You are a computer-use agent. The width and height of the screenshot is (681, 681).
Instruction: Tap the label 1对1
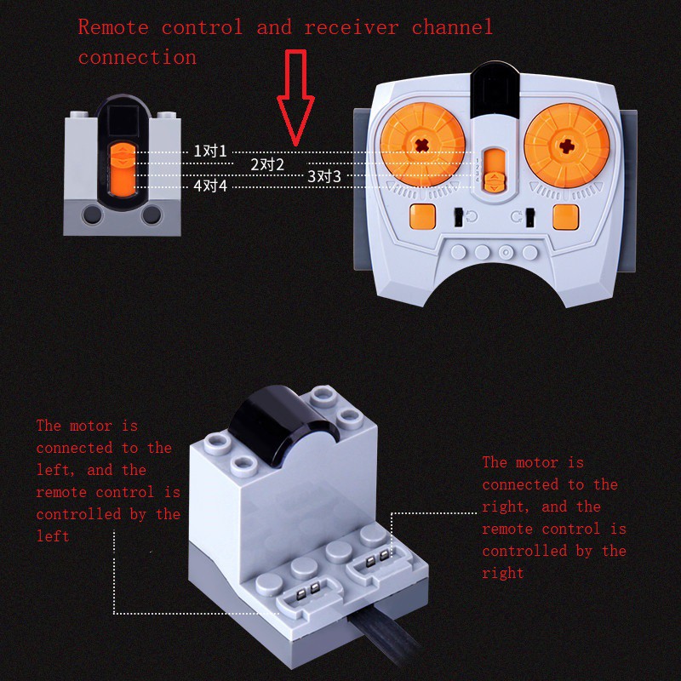(210, 152)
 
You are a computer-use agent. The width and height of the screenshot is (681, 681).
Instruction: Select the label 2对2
(267, 164)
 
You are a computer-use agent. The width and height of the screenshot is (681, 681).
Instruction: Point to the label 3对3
(324, 176)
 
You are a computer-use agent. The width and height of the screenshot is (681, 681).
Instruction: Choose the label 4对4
(210, 186)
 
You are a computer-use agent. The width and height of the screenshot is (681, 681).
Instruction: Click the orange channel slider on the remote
(492, 170)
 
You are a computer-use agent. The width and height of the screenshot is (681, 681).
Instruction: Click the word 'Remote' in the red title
(114, 27)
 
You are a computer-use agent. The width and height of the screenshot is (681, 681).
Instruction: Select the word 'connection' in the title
(137, 58)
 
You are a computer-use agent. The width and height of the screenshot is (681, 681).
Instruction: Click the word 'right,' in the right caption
(504, 506)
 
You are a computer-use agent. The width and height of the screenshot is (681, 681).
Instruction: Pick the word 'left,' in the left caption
(54, 470)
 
